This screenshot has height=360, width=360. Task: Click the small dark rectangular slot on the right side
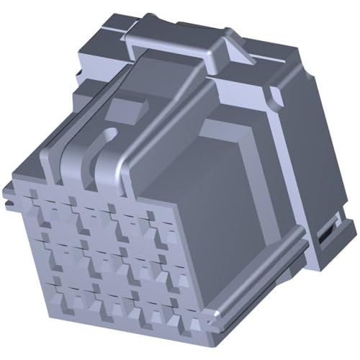click(x=324, y=234)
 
